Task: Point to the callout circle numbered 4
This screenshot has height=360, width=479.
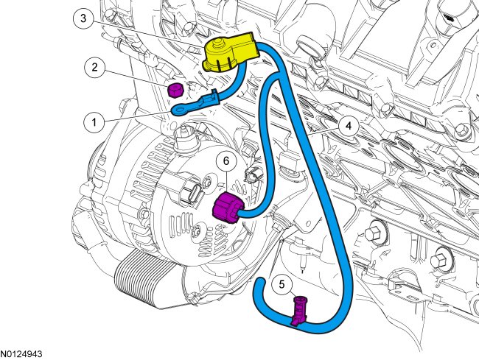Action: tap(349, 126)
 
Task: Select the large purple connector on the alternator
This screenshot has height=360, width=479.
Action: tap(228, 209)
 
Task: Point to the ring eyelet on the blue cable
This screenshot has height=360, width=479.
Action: tap(180, 111)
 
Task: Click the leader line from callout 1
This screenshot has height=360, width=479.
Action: tap(136, 116)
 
